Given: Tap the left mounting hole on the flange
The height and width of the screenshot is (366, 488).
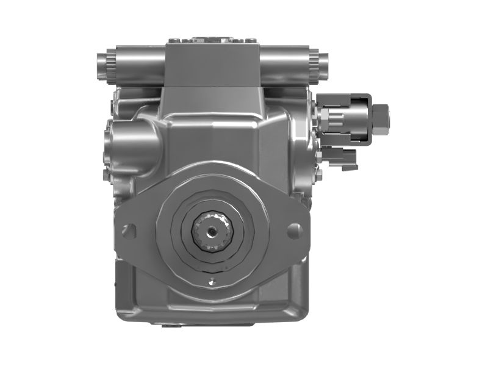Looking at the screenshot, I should coord(129,231).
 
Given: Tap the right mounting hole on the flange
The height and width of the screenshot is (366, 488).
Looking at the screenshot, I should coord(294,231).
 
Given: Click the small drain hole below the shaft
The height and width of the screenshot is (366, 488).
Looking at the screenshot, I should coord(212,282).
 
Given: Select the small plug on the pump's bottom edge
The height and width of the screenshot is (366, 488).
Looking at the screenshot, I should coord(174,325).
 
